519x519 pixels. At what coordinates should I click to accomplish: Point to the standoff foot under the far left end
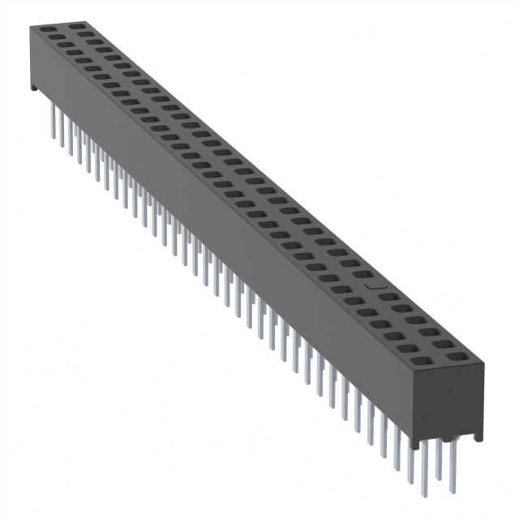click(34, 84)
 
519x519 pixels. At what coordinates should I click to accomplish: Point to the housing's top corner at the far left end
click(32, 26)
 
